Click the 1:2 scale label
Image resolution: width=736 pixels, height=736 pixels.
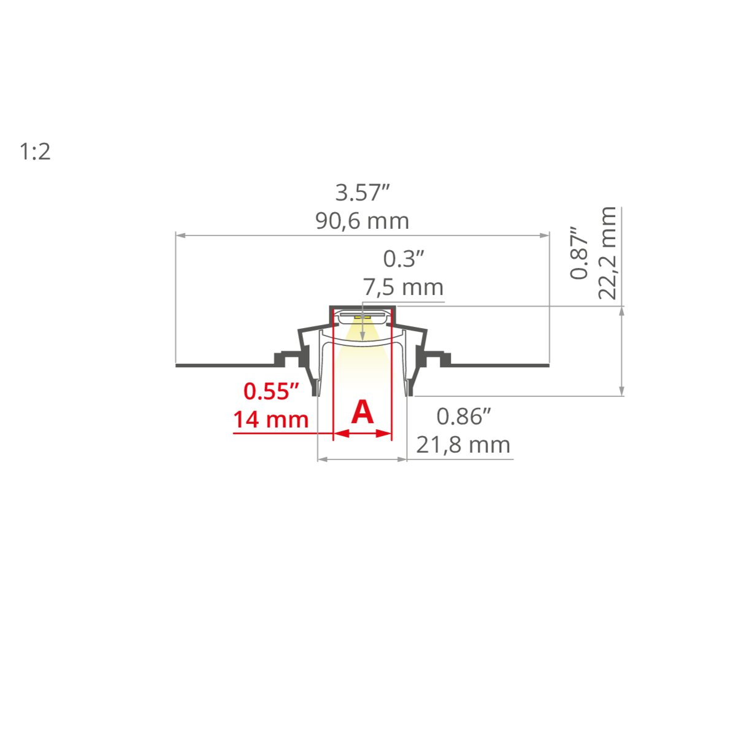35,151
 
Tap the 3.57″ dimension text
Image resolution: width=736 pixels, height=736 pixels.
362,193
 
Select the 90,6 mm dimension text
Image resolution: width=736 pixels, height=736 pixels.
362,221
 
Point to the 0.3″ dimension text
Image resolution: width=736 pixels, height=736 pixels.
404,259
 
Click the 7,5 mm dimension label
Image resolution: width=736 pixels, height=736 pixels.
403,287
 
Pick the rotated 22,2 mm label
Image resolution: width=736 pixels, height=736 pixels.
607,253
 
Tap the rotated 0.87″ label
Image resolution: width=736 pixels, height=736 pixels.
578,253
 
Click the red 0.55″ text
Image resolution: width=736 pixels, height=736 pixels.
271,391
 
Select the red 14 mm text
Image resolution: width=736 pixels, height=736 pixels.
271,420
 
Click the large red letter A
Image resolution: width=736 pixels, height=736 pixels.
362,412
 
